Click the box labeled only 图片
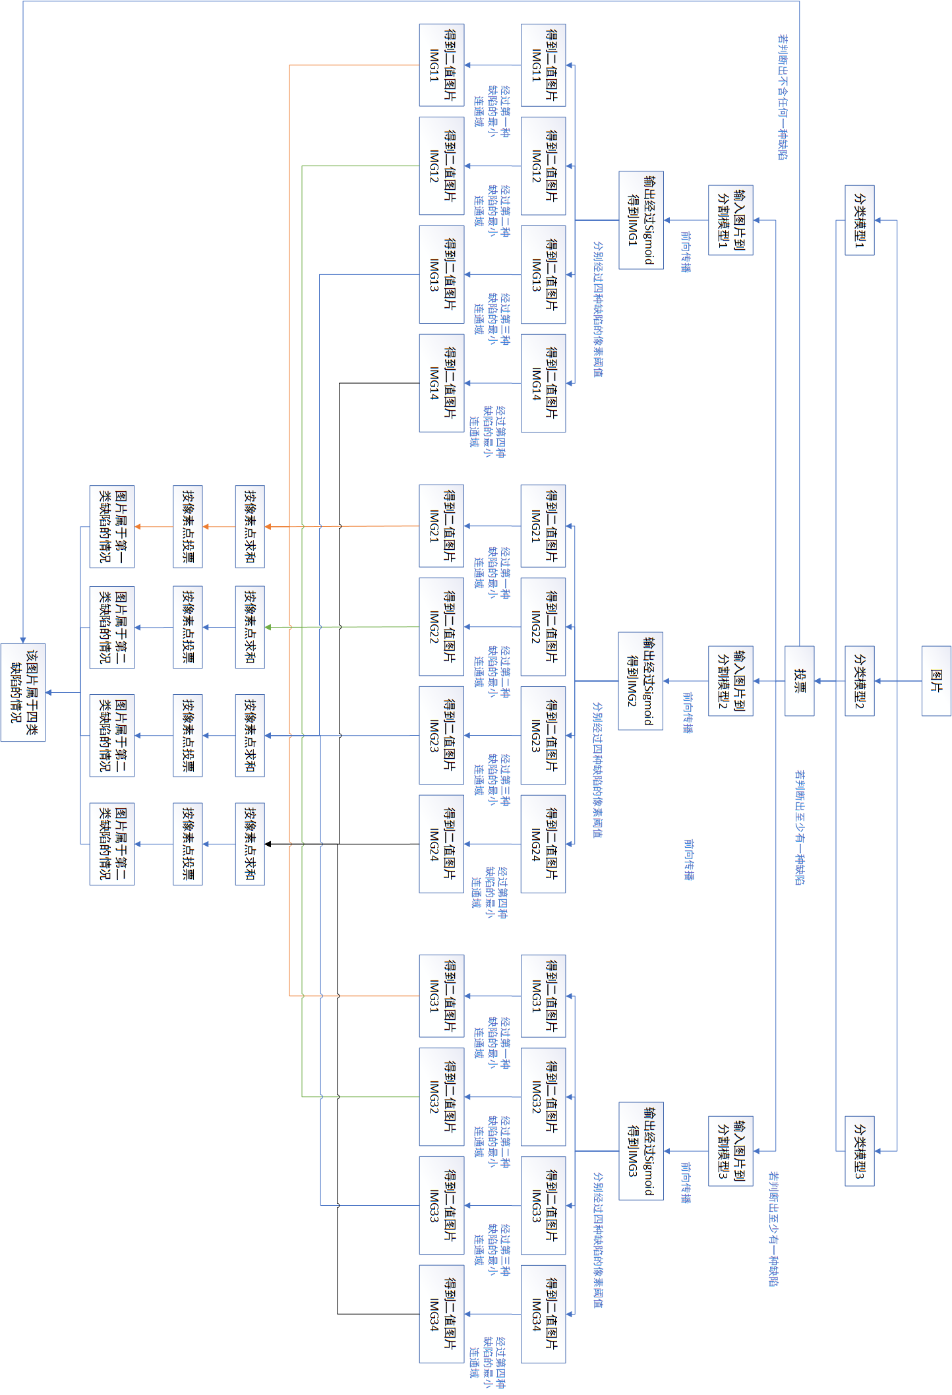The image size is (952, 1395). click(936, 680)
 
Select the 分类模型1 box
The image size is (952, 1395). click(860, 220)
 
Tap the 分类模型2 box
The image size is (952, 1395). click(860, 680)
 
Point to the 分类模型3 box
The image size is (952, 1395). click(860, 1151)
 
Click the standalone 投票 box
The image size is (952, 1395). click(799, 680)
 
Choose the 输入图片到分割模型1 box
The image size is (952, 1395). click(730, 220)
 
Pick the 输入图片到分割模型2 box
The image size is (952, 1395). click(730, 680)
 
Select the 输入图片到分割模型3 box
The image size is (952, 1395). click(730, 1151)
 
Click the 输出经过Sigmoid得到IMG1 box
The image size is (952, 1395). click(641, 220)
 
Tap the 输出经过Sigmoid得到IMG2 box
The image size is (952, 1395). click(641, 680)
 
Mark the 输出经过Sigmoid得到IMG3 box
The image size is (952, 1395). click(641, 1151)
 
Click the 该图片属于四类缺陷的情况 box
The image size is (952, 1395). click(23, 692)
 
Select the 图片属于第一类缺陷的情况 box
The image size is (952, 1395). click(112, 526)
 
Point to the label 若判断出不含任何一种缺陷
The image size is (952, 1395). click(783, 98)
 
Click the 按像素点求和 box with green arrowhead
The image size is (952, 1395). click(250, 627)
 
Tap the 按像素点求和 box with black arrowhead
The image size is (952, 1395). click(250, 844)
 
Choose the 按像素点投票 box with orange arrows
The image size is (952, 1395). click(187, 526)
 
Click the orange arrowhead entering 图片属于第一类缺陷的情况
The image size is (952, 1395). click(138, 526)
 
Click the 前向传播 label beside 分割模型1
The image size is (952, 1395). click(686, 252)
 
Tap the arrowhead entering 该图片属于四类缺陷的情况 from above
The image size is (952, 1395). click(23, 639)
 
